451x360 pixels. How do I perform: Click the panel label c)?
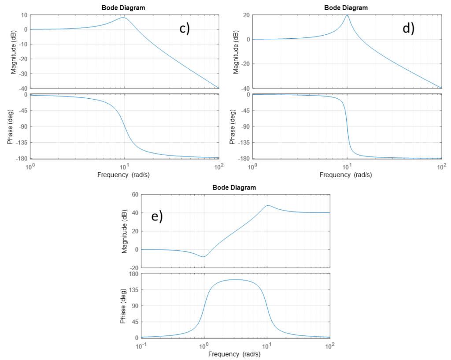point(184,28)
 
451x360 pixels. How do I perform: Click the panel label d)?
point(408,28)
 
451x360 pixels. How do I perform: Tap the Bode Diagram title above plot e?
point(234,187)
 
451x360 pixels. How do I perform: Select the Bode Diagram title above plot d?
point(346,7)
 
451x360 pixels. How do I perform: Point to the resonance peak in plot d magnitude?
point(347,15)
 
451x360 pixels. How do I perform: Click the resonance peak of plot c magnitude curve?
point(123,18)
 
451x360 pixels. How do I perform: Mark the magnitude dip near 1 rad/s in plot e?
point(203,256)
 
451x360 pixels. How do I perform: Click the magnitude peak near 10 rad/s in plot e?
point(268,205)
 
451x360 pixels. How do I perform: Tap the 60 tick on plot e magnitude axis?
point(135,194)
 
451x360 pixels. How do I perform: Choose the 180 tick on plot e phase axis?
point(134,274)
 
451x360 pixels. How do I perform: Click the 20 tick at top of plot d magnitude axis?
point(247,15)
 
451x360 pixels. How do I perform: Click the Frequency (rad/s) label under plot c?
point(124,174)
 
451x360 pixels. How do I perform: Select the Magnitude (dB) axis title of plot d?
point(234,52)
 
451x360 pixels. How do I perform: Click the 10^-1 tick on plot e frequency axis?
point(141,345)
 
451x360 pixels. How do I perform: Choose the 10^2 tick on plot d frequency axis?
point(440,166)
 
